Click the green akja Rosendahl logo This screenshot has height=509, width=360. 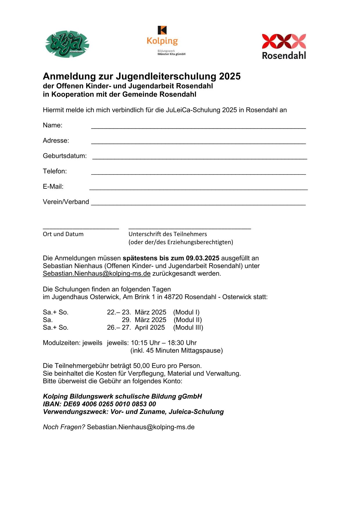point(67,44)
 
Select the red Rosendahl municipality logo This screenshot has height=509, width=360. point(284,46)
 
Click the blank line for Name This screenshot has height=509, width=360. point(198,127)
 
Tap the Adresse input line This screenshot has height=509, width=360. point(198,142)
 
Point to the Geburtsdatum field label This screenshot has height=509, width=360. point(65,156)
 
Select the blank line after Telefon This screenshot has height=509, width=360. point(198,173)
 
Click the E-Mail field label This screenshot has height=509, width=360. point(53,187)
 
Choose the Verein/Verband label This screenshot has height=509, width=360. point(66,202)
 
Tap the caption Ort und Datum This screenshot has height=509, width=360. point(63,234)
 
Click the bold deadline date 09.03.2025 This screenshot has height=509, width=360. point(203,258)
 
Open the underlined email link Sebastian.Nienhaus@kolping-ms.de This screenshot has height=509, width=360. point(97,274)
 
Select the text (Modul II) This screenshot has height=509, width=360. point(188,320)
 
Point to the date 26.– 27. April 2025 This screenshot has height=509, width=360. point(136,328)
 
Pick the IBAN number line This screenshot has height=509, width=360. point(99,404)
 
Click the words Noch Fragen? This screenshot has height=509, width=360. point(64,427)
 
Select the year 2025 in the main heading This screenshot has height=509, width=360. point(230,76)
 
